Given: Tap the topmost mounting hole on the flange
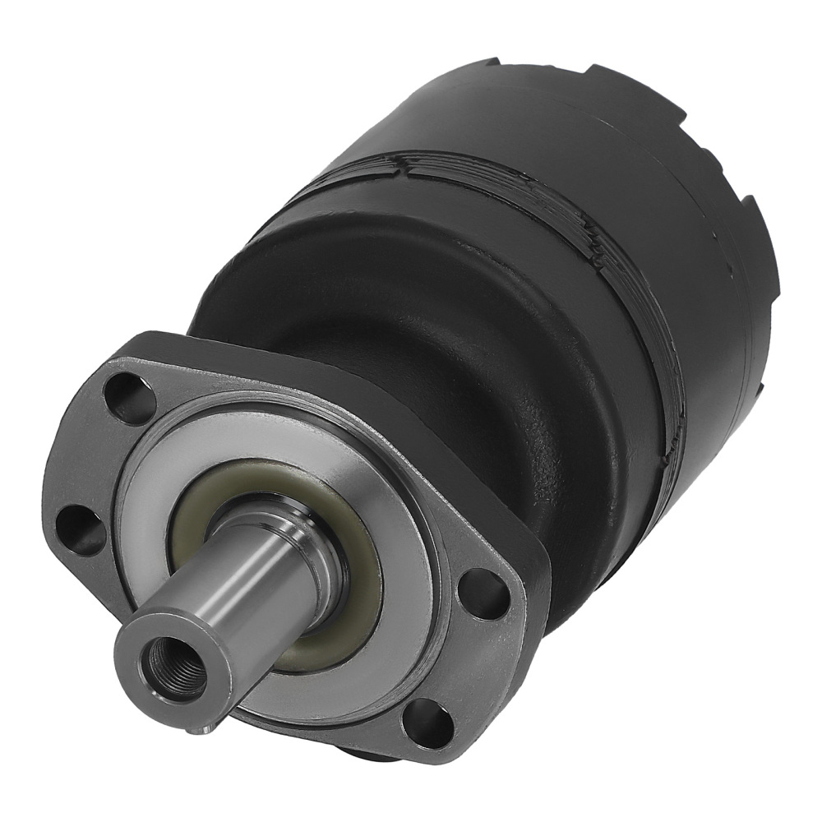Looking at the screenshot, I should (x=132, y=398).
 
